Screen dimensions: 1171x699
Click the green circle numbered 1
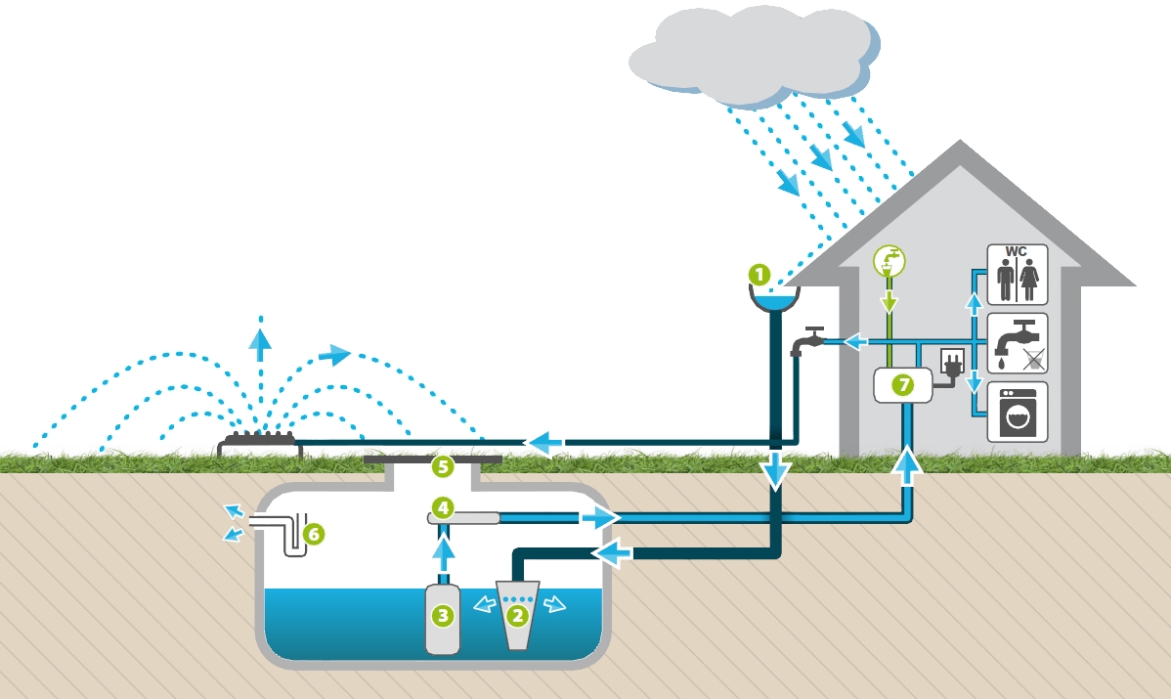759,275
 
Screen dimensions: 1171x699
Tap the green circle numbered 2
517,616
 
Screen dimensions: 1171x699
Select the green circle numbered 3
443,616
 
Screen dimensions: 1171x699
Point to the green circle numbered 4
443,507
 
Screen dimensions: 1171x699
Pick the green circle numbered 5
443,467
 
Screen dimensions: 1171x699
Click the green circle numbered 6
314,534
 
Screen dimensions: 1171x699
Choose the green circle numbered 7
903,384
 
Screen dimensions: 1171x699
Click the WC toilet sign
1018,274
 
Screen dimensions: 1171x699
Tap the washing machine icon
1018,413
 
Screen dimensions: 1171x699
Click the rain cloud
755,56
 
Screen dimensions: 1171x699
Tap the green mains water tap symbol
889,261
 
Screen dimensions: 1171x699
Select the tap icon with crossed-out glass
1018,343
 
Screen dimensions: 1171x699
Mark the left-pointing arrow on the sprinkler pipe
546,443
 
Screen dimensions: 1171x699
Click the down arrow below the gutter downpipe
776,471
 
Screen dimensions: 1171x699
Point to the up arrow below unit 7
907,465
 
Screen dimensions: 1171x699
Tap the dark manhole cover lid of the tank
432,459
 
